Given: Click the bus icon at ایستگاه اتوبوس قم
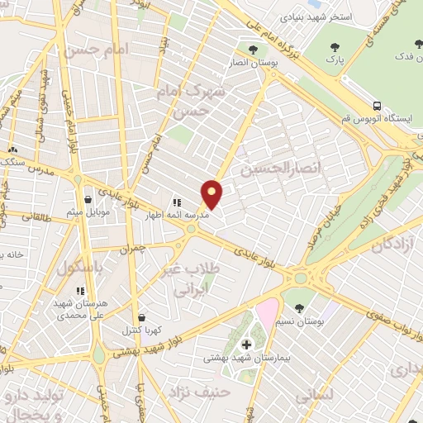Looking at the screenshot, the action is [377, 106].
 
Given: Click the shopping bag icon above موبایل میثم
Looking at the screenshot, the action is [88, 200].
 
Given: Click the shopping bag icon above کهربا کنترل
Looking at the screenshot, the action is [142, 316].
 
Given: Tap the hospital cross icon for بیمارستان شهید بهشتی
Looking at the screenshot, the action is [245, 344].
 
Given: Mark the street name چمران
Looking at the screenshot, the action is [131, 247].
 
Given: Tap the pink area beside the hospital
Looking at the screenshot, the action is [267, 313].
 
